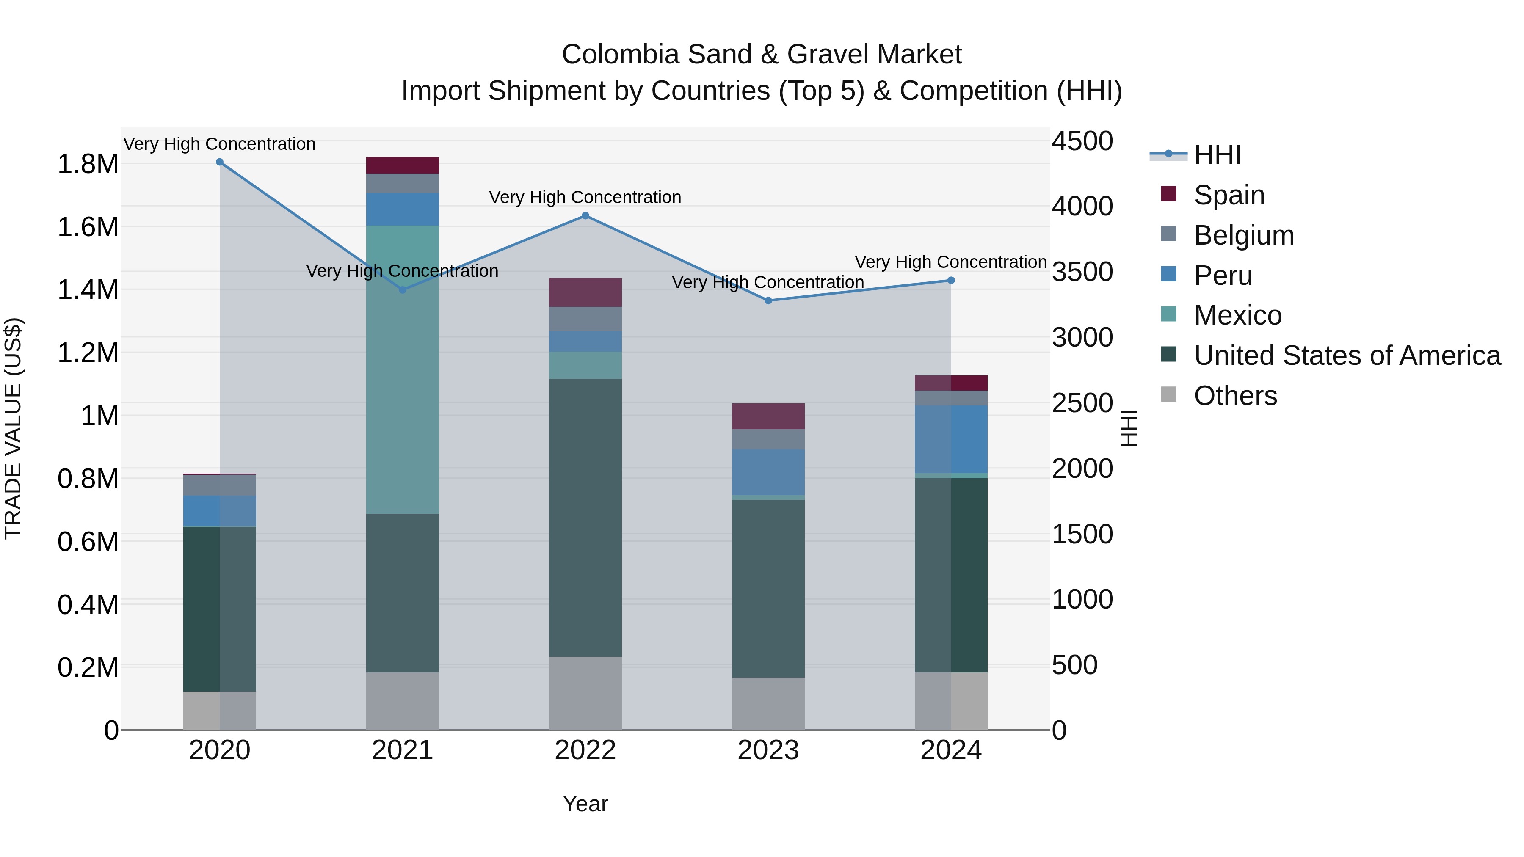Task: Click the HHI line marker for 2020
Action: click(219, 162)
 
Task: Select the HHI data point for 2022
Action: click(585, 216)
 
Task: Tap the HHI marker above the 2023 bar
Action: click(768, 300)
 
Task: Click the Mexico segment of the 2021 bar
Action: click(402, 369)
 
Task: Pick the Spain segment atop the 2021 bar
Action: click(402, 165)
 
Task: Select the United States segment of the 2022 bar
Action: click(585, 518)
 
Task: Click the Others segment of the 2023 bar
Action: click(768, 703)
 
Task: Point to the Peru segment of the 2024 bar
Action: click(951, 439)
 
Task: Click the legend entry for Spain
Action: click(1229, 195)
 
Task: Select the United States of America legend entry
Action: click(1347, 355)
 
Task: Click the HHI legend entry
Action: click(1217, 155)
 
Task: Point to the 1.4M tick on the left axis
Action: click(88, 290)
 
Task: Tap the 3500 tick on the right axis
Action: click(1082, 272)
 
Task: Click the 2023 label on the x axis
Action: click(768, 750)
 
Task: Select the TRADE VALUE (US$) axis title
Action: click(13, 428)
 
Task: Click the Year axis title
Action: click(585, 804)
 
